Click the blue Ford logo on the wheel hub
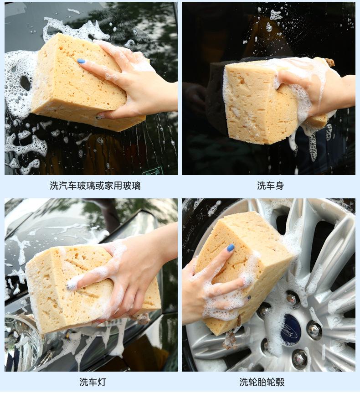(x=290, y=330)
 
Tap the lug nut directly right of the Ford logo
(x=313, y=330)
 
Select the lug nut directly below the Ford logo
(x=299, y=359)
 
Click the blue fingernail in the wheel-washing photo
(x=231, y=248)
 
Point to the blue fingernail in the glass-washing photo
(x=81, y=61)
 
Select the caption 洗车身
(x=270, y=186)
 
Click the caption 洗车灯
(x=93, y=382)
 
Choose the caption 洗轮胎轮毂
(x=262, y=382)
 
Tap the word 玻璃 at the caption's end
(x=131, y=186)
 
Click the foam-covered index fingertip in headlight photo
(x=72, y=286)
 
